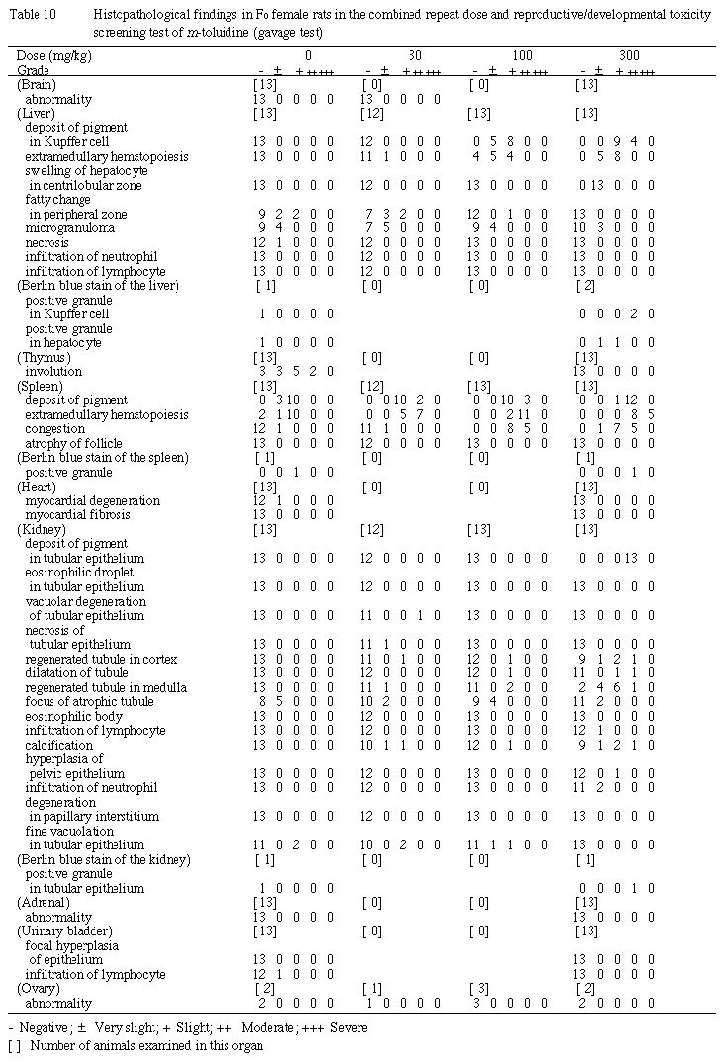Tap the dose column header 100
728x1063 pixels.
pos(521,55)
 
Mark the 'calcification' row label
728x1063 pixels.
pos(59,745)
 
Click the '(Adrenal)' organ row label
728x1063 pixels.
pos(44,902)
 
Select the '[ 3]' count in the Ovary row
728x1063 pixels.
pos(480,989)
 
